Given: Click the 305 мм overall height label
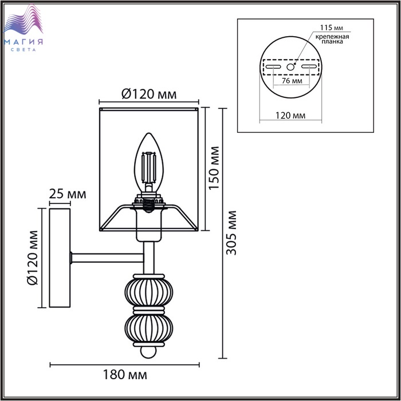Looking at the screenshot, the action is pos(232,233).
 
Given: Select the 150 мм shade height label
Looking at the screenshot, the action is pos(214,168).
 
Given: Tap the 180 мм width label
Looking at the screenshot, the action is pos(125,375).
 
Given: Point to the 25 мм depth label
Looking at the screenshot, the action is pos(68,194).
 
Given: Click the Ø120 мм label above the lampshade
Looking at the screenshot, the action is pos(149,95).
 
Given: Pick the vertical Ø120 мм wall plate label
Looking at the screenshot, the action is pos(33,258).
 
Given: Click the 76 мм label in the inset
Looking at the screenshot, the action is pos(292,81).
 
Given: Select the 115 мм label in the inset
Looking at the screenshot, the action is pos(332,27).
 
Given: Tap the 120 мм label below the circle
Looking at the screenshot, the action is pos(290,116).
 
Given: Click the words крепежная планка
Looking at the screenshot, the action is pos(332,39).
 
